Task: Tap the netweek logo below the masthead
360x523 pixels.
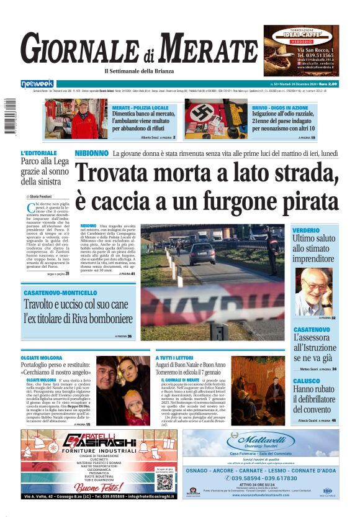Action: [37, 83]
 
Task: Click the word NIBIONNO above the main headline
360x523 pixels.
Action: [92, 153]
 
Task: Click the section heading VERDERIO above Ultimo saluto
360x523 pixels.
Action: [307, 230]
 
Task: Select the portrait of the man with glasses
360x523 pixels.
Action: [313, 291]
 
